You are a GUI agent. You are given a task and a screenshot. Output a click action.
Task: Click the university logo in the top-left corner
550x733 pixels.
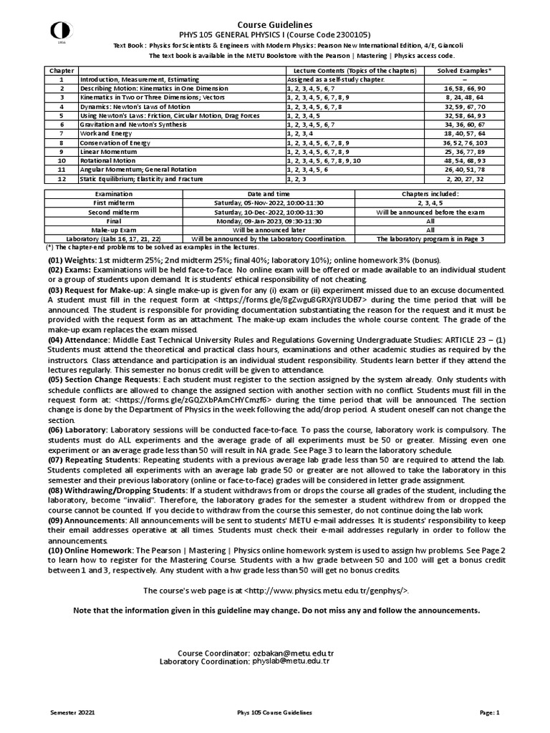click(x=56, y=31)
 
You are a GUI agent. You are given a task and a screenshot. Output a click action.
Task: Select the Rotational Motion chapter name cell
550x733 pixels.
click(x=106, y=160)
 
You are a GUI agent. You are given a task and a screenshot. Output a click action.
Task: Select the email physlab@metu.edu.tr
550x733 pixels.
click(x=291, y=661)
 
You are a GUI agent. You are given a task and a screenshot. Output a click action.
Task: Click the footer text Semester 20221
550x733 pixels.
click(x=72, y=713)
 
